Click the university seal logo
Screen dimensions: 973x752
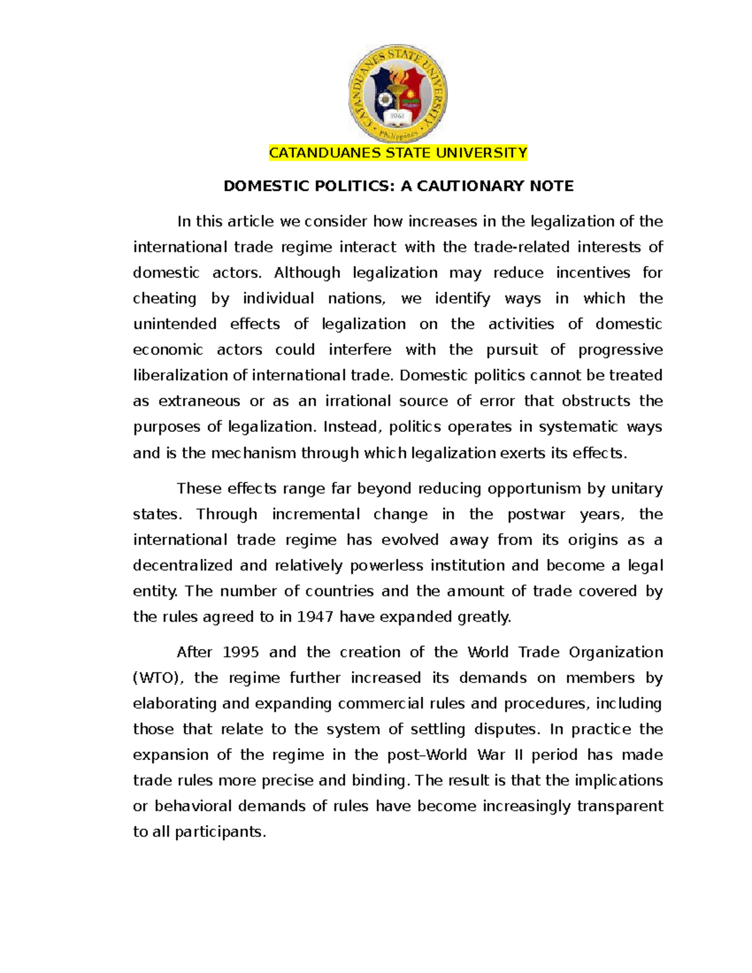point(397,94)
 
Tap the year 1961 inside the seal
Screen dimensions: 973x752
point(397,117)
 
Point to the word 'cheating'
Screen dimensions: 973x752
point(164,299)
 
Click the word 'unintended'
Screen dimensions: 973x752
point(175,325)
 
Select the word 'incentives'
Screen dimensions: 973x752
point(593,273)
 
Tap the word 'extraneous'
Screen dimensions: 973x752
point(199,402)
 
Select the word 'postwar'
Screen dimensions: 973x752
point(536,514)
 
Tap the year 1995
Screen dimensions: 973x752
point(241,652)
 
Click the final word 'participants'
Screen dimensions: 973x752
point(220,832)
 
